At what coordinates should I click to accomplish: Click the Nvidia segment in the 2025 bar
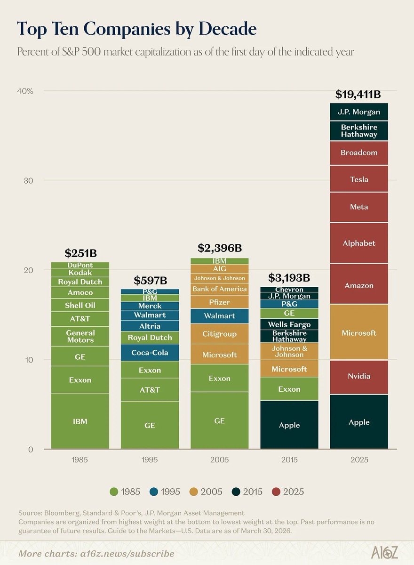pos(359,377)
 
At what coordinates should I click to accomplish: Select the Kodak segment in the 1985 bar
pos(80,273)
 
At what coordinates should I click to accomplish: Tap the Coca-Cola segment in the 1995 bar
pos(150,353)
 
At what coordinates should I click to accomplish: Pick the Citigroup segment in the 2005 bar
pos(220,334)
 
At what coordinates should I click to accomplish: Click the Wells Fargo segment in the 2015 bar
pos(289,324)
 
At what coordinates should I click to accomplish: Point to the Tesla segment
pos(359,179)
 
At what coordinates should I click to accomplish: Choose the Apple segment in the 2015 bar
pos(289,425)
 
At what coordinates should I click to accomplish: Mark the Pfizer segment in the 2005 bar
pos(220,302)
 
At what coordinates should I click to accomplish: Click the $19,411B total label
pos(358,95)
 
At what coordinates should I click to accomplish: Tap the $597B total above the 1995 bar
pos(151,281)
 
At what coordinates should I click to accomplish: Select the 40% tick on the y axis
pos(25,91)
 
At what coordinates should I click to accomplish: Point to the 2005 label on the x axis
pos(220,460)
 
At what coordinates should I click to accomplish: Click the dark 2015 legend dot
pos(236,492)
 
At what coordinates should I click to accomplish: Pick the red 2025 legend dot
pos(276,492)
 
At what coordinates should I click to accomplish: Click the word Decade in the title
pos(228,29)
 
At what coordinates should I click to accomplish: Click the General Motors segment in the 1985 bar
pos(80,337)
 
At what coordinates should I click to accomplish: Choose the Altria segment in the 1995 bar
pos(150,326)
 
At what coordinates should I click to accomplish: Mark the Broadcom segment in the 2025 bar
pos(359,153)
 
